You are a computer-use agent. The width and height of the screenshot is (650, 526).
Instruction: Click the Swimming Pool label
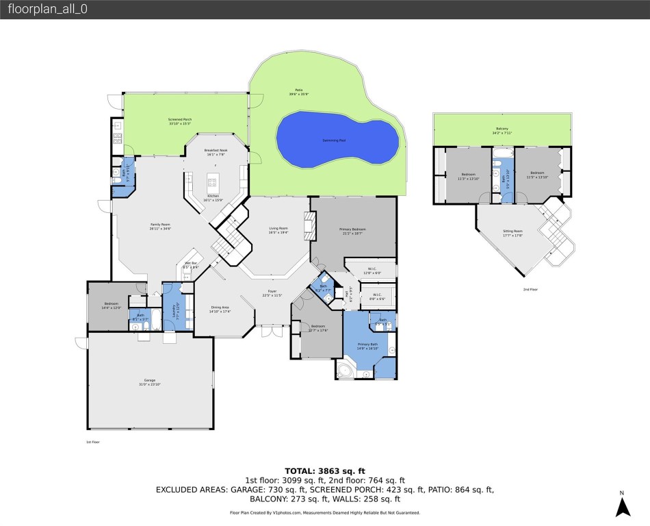click(334, 140)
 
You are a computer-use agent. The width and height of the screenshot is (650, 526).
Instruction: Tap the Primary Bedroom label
click(353, 231)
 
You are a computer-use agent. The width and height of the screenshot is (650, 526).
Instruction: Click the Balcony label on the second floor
click(502, 129)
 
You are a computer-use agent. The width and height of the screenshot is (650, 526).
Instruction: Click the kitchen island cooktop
click(213, 182)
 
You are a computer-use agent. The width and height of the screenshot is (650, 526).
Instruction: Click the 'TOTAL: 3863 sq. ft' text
click(325, 471)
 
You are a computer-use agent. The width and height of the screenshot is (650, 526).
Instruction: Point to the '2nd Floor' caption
click(530, 290)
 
